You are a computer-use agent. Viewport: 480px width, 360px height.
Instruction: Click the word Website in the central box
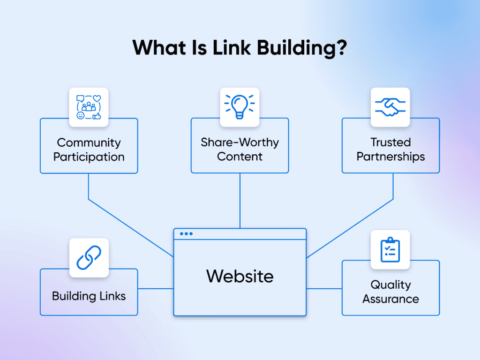[240, 276]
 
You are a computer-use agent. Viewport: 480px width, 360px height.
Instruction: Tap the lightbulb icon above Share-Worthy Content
[240, 106]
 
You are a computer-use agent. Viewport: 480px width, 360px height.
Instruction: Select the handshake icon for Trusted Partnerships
[390, 107]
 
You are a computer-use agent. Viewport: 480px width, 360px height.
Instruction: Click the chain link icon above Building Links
[89, 257]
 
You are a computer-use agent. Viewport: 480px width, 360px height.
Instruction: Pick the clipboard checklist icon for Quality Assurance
[390, 249]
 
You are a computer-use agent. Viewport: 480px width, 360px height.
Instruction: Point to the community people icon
[89, 107]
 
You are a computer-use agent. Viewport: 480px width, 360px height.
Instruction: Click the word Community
[89, 142]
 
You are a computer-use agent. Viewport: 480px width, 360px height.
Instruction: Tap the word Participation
[89, 157]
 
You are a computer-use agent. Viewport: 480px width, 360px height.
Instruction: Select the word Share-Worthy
[240, 142]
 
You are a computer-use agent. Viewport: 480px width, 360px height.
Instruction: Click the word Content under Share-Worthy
[240, 157]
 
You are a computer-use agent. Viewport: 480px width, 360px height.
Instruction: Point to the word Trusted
[390, 142]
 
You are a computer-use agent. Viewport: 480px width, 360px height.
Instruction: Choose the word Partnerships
[390, 157]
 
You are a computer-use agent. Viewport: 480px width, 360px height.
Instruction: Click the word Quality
[390, 285]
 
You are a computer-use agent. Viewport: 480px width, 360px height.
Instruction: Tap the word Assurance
[390, 299]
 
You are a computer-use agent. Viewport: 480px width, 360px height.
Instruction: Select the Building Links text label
[89, 296]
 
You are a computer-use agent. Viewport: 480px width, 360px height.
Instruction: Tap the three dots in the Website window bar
[186, 233]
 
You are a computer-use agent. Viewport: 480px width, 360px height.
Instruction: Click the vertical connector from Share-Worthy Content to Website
[240, 201]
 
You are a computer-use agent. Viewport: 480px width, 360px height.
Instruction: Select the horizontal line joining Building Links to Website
[156, 288]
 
